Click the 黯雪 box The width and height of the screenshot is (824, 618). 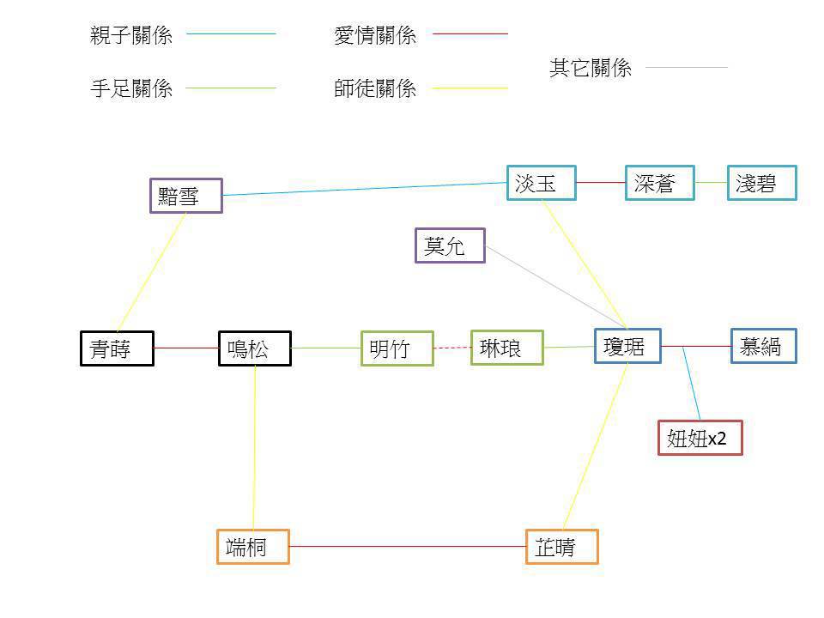[x=185, y=196]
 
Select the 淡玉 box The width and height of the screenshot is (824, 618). [x=541, y=183]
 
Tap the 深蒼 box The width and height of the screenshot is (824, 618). [x=659, y=183]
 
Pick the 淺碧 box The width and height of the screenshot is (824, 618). [x=761, y=183]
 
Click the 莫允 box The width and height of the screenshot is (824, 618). [x=450, y=245]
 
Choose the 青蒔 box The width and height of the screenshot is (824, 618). [x=117, y=348]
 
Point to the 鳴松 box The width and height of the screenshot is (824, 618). [x=254, y=348]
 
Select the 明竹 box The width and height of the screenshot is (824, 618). [x=397, y=348]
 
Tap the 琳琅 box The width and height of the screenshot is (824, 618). [x=506, y=348]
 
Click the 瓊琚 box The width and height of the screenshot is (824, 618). [x=627, y=346]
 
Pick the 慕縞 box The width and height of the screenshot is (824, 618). [x=763, y=346]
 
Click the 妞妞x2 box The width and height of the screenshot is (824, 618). [x=700, y=438]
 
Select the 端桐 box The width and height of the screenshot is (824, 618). [x=252, y=547]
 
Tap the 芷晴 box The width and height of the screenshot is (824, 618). [x=561, y=547]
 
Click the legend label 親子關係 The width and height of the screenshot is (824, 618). [x=131, y=35]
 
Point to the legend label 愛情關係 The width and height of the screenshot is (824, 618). [x=375, y=35]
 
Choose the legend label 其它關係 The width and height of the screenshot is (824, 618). [x=591, y=69]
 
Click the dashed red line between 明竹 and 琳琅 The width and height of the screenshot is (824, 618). [x=452, y=348]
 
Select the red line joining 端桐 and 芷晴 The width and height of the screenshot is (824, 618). [x=407, y=546]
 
